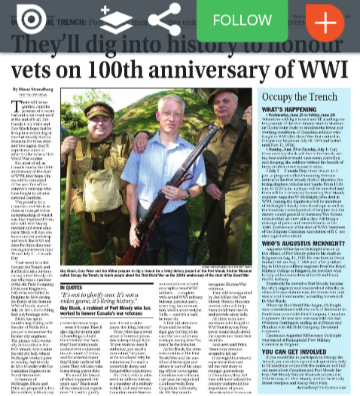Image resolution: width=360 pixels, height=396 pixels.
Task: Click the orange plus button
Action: click(325, 20)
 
